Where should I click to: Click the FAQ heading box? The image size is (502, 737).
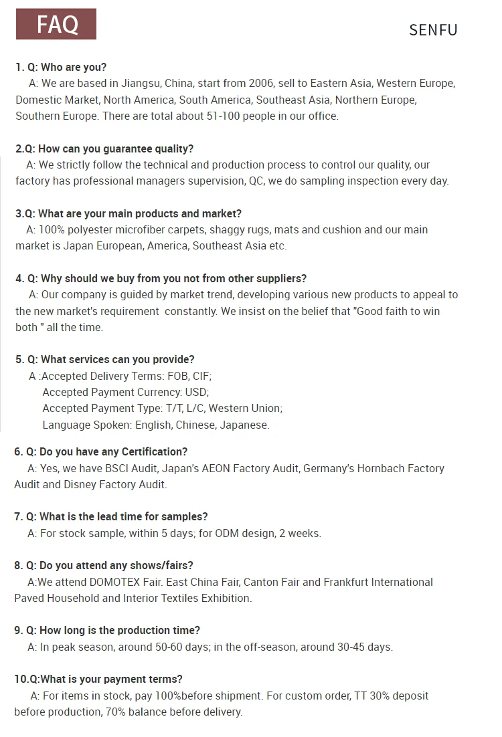tap(56, 24)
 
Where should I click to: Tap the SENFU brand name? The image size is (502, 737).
tap(433, 30)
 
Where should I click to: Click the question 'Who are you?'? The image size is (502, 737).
tap(73, 67)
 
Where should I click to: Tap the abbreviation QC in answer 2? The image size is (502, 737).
tap(256, 181)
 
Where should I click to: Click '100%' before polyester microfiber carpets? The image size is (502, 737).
tap(52, 229)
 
